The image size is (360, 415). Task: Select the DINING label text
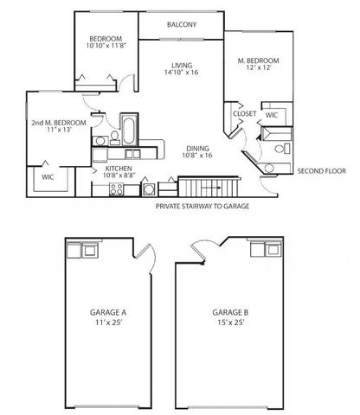click(x=196, y=148)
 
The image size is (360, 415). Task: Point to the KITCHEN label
click(x=119, y=169)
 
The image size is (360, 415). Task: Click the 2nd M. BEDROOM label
click(x=58, y=123)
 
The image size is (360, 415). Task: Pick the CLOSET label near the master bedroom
click(x=244, y=114)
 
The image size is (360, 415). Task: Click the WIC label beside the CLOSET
click(x=272, y=114)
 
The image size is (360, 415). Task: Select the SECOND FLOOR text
click(x=321, y=170)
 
